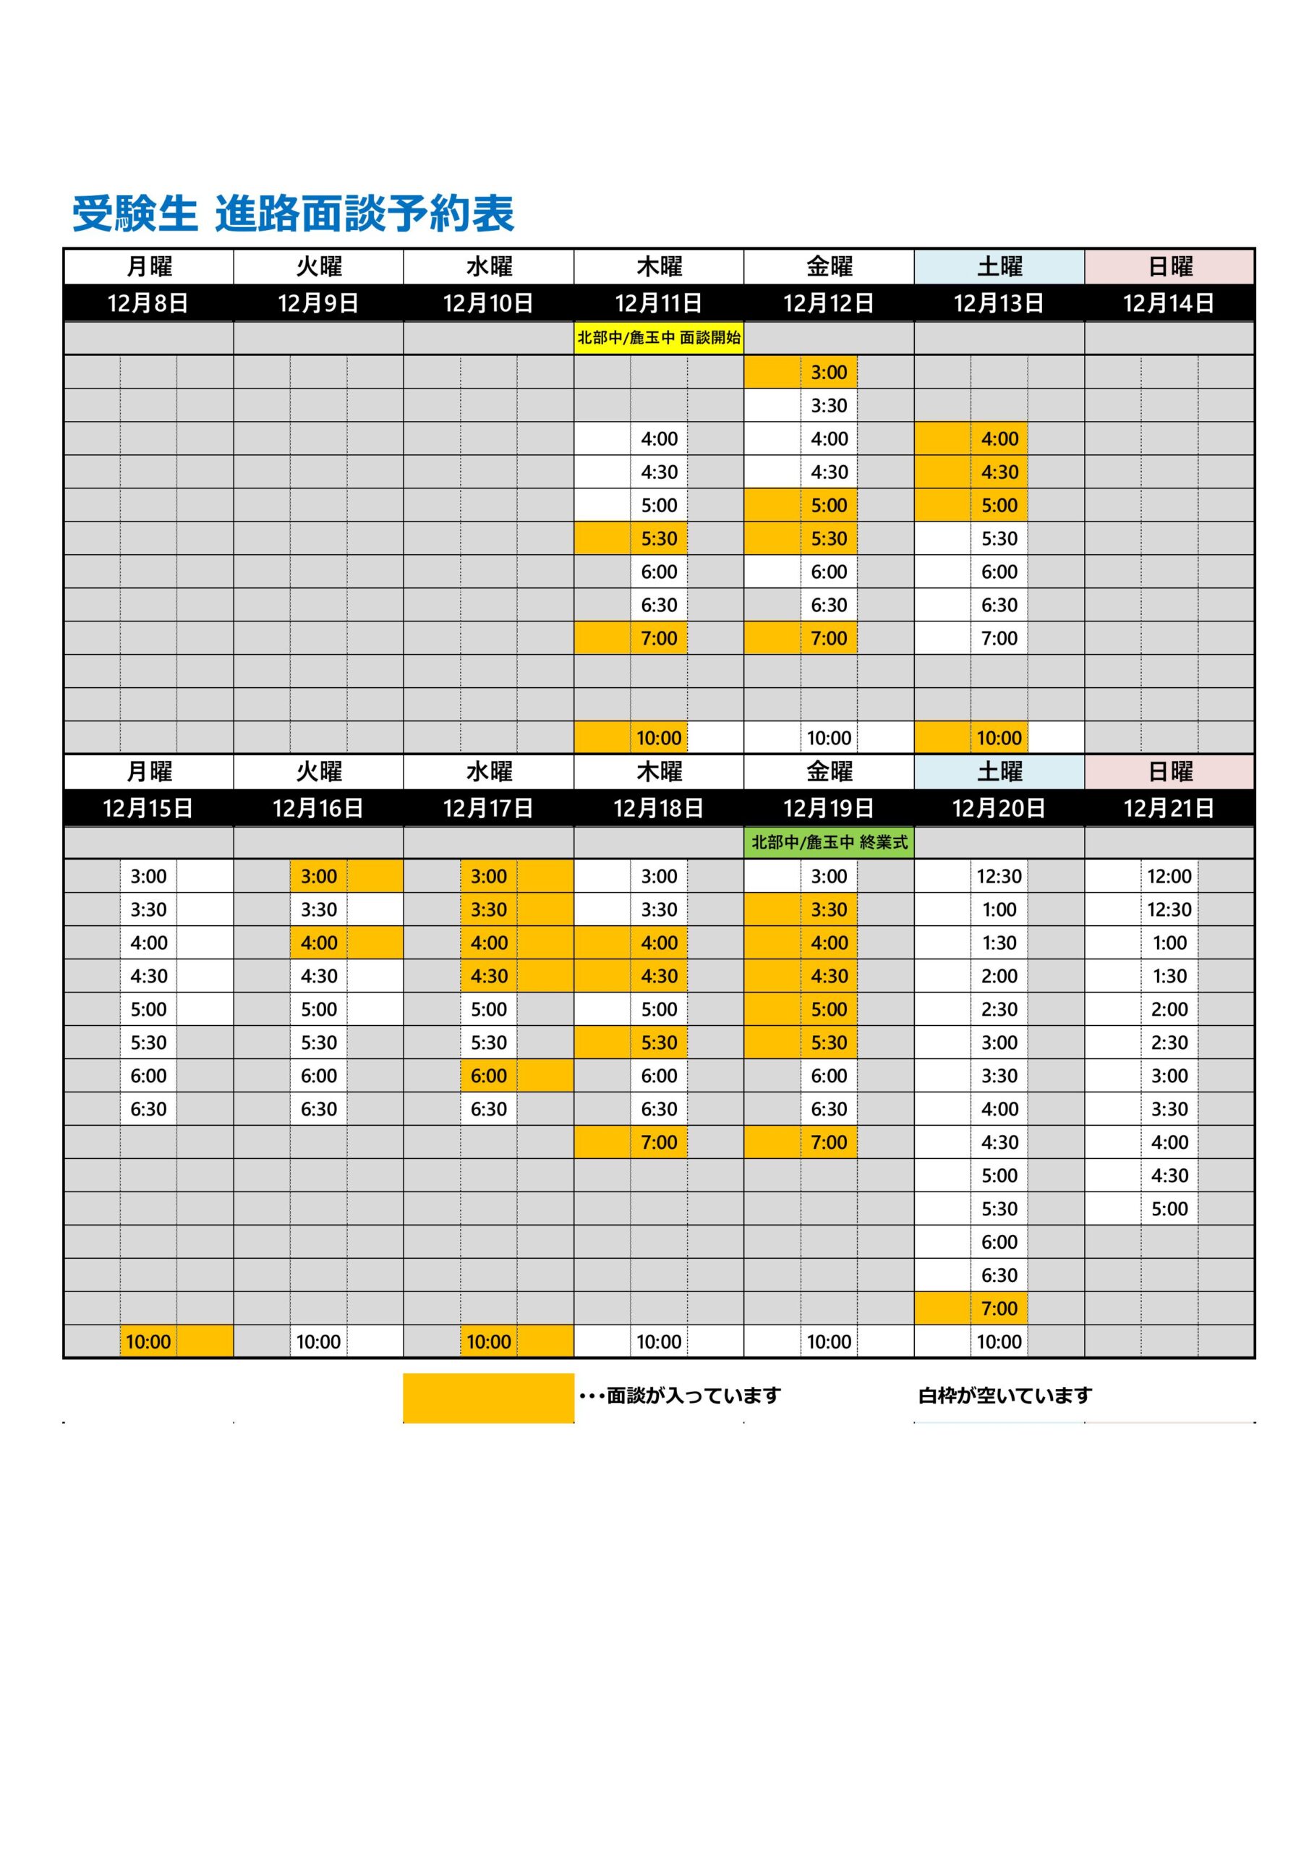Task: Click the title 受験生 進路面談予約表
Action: pyautogui.click(x=294, y=213)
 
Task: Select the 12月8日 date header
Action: pyautogui.click(x=148, y=303)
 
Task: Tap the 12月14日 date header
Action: pyautogui.click(x=1169, y=303)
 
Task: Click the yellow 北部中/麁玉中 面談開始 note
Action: pyautogui.click(x=658, y=338)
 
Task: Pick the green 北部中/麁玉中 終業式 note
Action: pyautogui.click(x=829, y=842)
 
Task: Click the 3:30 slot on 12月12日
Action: pyautogui.click(x=829, y=406)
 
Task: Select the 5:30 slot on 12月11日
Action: pyautogui.click(x=659, y=539)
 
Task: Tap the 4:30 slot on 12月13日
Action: pyautogui.click(x=999, y=472)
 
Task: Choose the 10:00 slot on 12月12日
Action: pyautogui.click(x=829, y=738)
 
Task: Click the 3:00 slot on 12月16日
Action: pyautogui.click(x=319, y=876)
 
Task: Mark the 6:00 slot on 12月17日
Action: pyautogui.click(x=489, y=1075)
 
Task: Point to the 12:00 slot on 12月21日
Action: pyautogui.click(x=1169, y=876)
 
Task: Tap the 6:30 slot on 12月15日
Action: pyautogui.click(x=148, y=1109)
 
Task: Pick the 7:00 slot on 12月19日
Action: pyautogui.click(x=829, y=1142)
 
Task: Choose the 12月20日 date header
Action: pyautogui.click(x=999, y=808)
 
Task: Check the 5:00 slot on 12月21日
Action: pyautogui.click(x=1169, y=1208)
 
